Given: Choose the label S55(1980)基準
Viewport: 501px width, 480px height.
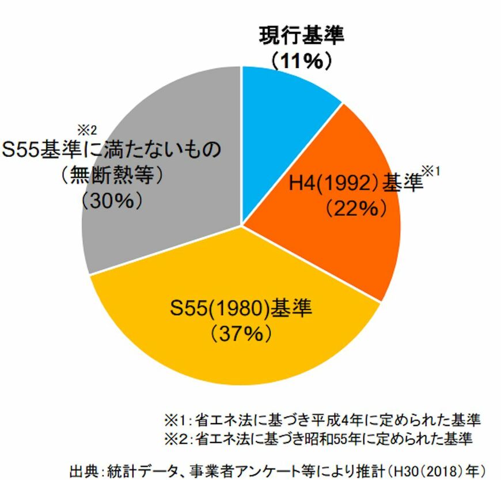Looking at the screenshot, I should (241, 308).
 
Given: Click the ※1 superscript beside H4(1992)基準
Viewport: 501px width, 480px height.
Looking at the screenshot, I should (431, 171).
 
